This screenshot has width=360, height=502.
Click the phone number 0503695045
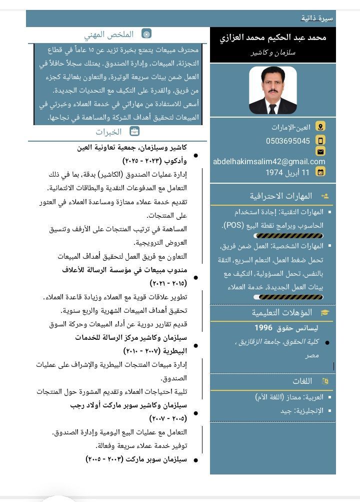pos(288,141)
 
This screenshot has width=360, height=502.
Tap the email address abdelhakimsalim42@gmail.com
pos(269,162)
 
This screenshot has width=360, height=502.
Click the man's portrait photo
pos(272,91)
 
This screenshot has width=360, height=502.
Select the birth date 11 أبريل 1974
pos(287,172)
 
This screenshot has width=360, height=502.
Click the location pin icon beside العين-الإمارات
pos(320,127)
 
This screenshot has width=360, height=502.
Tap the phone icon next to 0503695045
pos(320,141)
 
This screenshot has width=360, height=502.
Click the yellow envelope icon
pos(320,151)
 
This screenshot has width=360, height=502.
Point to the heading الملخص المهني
pos(109,35)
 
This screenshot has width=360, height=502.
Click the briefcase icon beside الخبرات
pos(134,132)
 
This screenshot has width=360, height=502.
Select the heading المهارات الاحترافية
pos(281,196)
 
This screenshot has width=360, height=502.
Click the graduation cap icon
pos(325,312)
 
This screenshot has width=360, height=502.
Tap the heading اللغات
pos(302,381)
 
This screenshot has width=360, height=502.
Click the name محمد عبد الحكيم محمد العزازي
pos(273,38)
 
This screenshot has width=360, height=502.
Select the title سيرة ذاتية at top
pos(317,19)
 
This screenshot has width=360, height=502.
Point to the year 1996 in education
pos(263,328)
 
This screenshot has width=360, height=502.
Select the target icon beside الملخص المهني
pos(146,34)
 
